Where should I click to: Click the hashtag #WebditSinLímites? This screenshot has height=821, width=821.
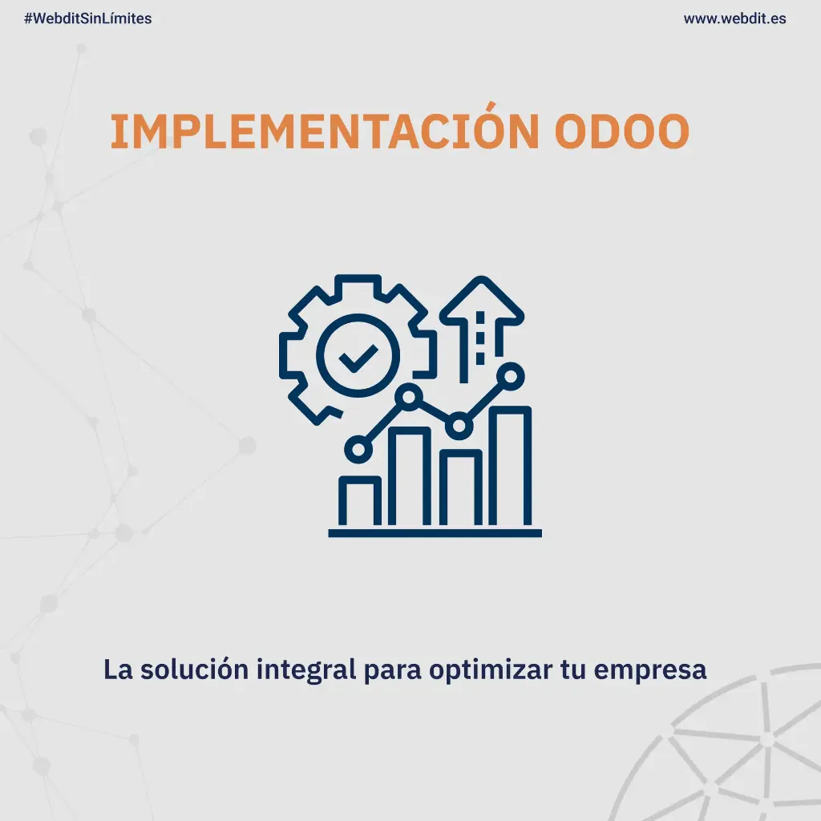point(88,18)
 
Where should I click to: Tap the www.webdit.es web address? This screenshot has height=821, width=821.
point(734,18)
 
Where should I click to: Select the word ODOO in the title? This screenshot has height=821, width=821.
point(621,132)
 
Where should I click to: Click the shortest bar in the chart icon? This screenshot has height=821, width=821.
point(360,501)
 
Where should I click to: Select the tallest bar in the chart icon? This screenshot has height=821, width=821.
point(510,467)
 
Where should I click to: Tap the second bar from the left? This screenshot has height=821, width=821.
point(410,477)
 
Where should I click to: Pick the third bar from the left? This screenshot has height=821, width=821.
point(460,488)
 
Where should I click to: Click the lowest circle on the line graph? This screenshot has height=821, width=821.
point(358,449)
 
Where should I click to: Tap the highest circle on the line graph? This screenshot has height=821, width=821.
point(510,375)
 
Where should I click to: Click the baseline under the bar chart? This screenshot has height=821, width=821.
point(435,532)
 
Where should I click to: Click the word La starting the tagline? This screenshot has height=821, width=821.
point(118,669)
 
